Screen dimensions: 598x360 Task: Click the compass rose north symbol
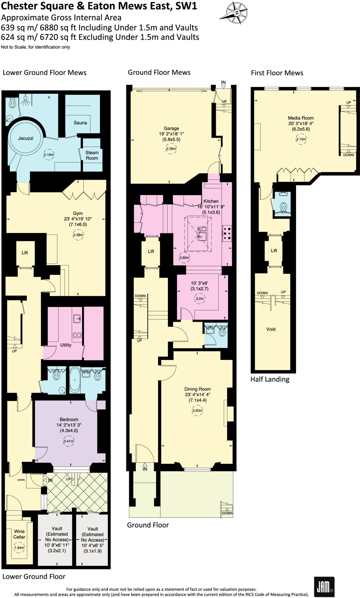click(236, 13)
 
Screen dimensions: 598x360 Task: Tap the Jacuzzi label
click(26, 138)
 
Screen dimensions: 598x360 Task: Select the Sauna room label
click(80, 123)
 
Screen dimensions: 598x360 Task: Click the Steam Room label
click(92, 155)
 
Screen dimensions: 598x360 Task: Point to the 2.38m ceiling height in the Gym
click(78, 235)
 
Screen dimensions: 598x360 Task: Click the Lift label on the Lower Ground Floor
click(25, 253)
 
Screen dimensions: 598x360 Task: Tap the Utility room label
click(66, 345)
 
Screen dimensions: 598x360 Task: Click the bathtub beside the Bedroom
click(75, 380)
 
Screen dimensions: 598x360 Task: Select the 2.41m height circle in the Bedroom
click(69, 441)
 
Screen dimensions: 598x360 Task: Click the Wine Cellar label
click(19, 534)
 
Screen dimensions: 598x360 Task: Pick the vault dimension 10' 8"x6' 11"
click(57, 545)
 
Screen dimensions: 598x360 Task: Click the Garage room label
click(171, 128)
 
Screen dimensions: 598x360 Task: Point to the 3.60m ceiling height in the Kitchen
click(184, 258)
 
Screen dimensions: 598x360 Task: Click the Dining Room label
click(198, 389)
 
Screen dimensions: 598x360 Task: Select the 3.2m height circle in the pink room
click(200, 299)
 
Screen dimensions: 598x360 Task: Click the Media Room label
click(301, 118)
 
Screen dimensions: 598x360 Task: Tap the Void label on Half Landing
click(271, 329)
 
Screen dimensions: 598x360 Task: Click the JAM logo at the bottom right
click(324, 587)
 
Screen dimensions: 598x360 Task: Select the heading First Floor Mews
click(277, 73)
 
